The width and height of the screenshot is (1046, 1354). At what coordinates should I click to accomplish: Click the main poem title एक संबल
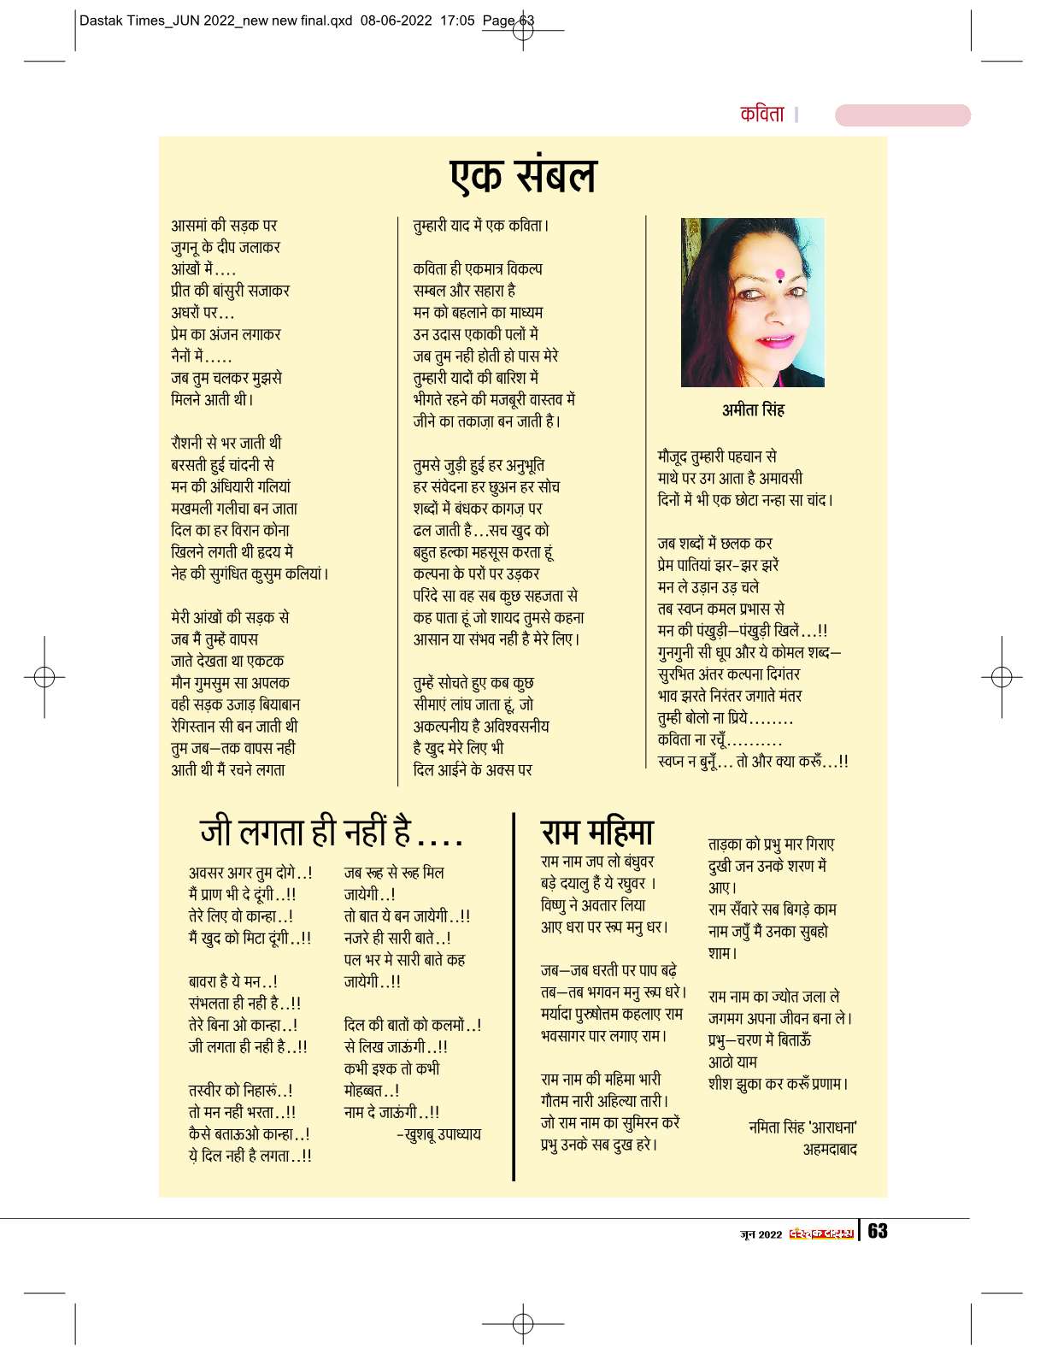[523, 176]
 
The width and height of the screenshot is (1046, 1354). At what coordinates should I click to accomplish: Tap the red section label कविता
[761, 114]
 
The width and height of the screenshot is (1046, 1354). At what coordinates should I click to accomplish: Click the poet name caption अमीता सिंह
[753, 409]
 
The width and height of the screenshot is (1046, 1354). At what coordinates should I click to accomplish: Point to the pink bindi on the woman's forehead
[779, 274]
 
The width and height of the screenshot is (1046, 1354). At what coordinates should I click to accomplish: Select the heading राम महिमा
[597, 831]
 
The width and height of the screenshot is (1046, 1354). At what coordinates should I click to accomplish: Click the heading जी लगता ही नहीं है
[332, 831]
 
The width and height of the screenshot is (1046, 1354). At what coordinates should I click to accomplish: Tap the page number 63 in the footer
[878, 1231]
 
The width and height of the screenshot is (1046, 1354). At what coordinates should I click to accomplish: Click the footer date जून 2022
[761, 1233]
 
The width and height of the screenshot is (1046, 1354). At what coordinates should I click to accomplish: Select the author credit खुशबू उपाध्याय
[439, 1134]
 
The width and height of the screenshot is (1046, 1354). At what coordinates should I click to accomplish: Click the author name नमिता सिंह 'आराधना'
[802, 1127]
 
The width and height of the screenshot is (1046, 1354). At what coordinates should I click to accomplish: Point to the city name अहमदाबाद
[829, 1150]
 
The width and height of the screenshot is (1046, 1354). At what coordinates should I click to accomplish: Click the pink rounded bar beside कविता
[902, 115]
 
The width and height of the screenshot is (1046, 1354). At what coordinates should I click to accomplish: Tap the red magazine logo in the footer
[820, 1233]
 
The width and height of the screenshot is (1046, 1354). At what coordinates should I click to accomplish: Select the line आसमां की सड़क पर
[224, 226]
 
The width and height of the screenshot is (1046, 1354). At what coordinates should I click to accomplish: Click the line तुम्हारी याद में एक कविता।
[481, 226]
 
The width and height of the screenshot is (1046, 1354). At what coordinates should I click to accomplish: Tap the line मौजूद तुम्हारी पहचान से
[716, 456]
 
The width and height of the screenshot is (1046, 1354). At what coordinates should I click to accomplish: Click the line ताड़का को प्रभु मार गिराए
[771, 845]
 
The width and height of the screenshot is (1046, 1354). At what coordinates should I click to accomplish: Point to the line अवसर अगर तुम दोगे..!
[250, 873]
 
